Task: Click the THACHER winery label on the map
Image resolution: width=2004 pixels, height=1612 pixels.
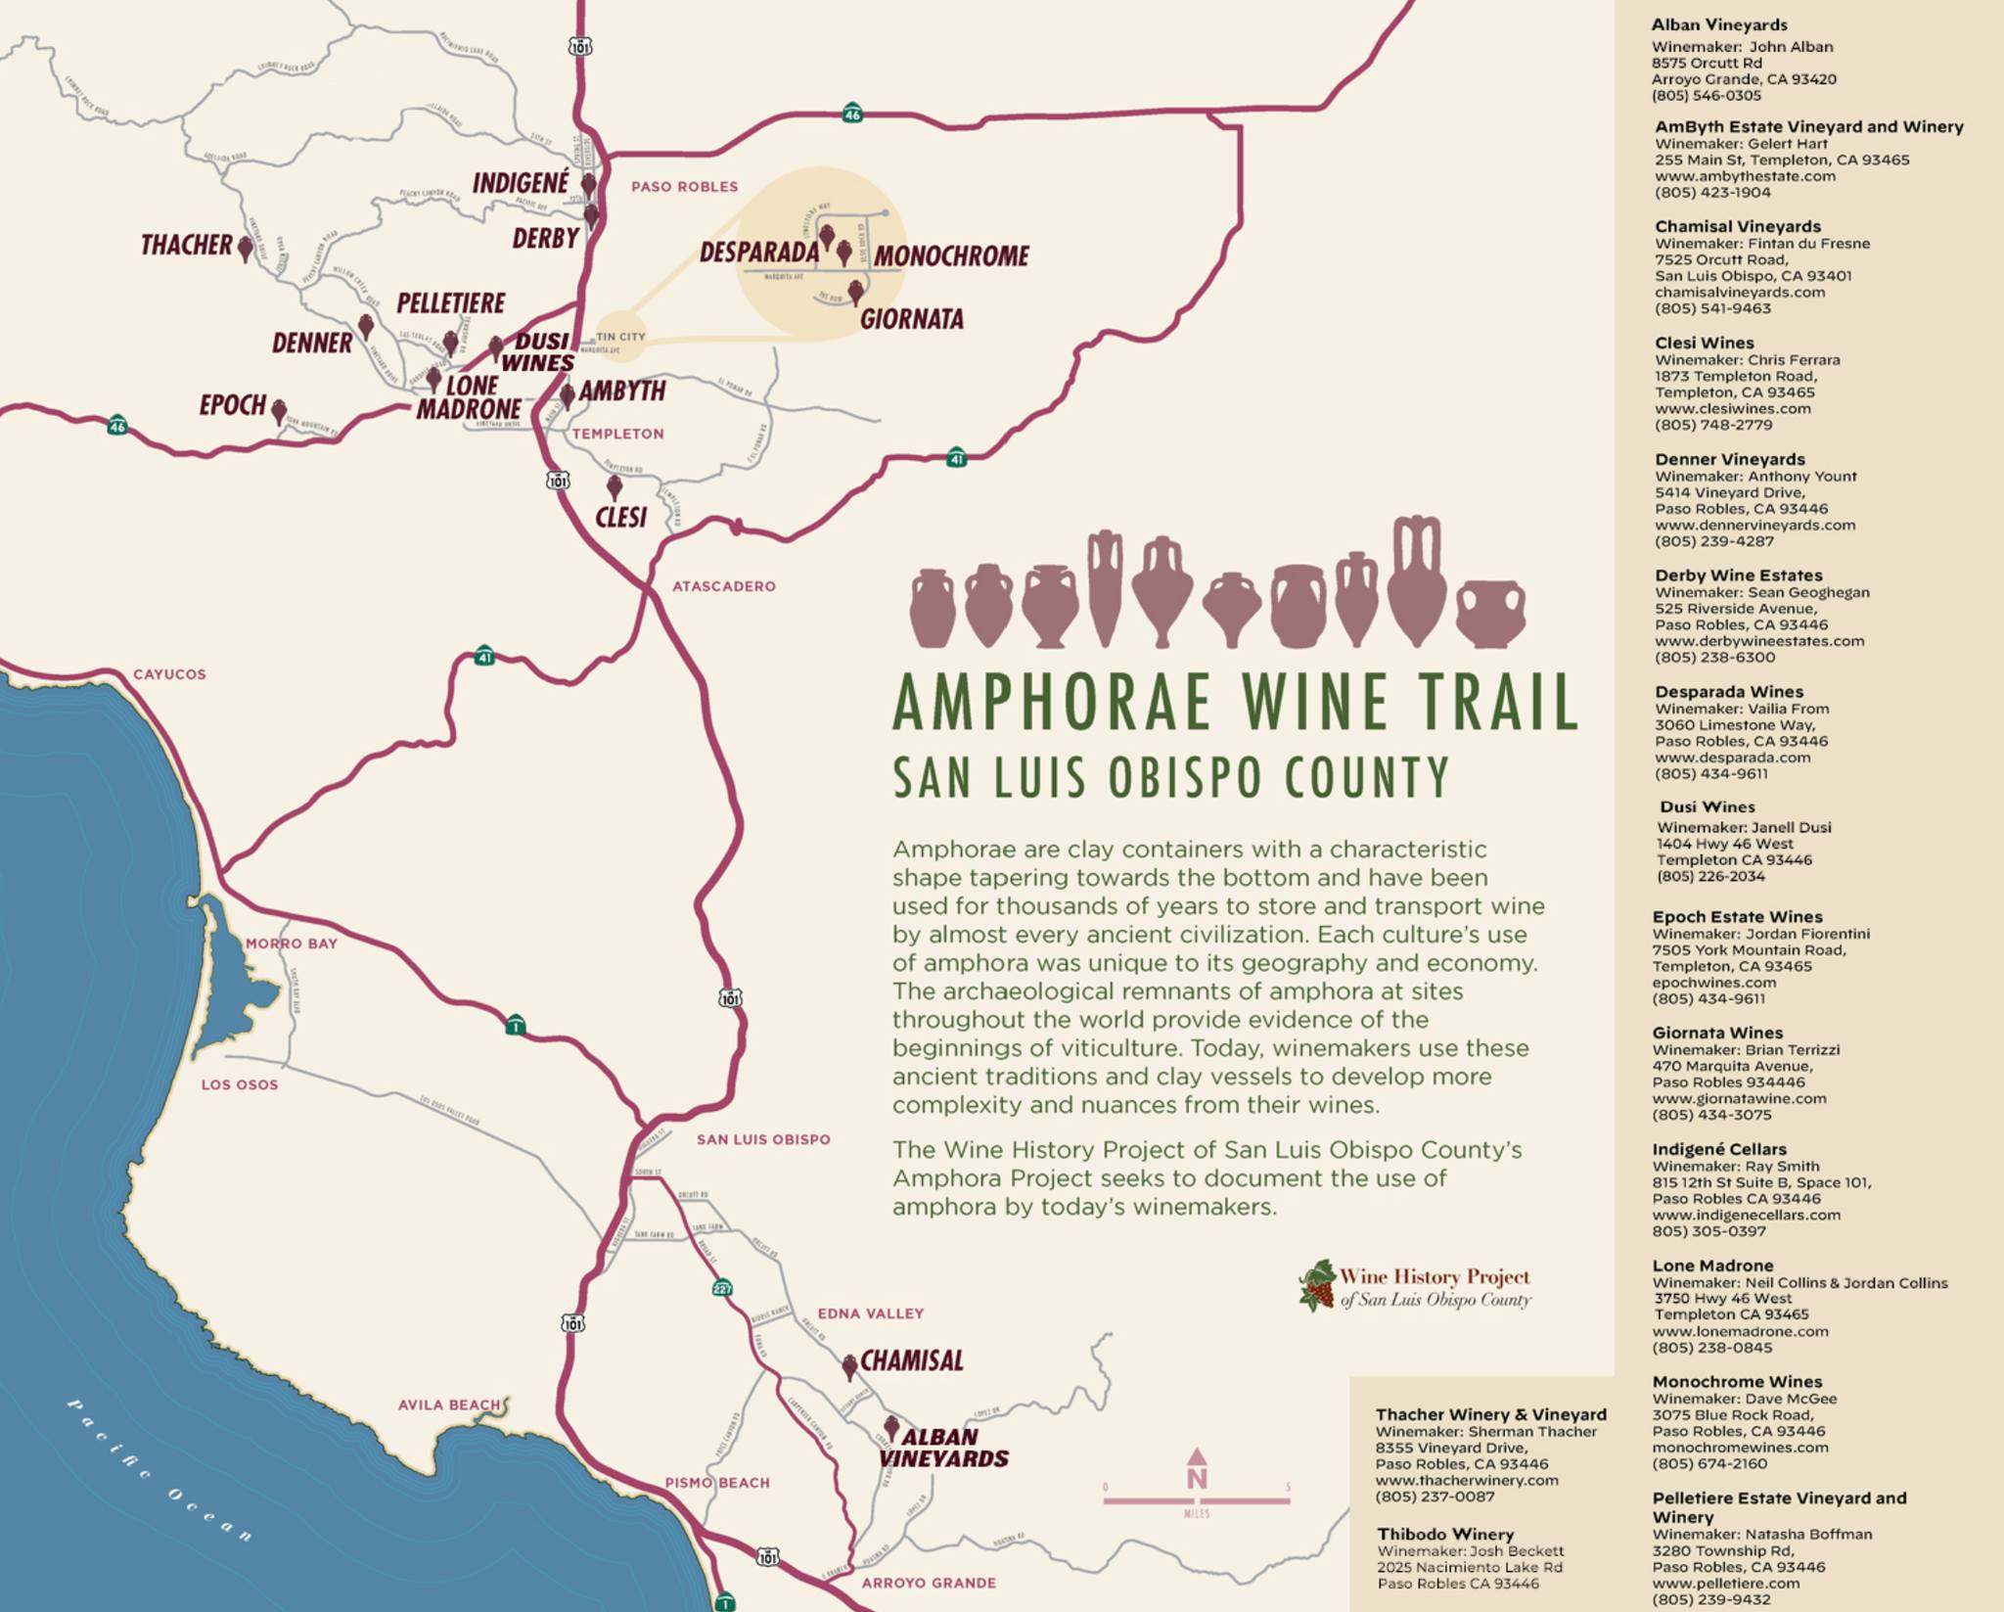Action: [186, 245]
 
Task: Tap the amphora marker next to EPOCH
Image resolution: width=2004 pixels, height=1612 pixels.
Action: [279, 410]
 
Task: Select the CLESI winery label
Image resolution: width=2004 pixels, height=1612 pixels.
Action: [620, 517]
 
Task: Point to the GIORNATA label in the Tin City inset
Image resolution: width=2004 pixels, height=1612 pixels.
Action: [911, 319]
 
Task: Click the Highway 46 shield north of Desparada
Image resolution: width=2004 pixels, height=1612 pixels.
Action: [852, 114]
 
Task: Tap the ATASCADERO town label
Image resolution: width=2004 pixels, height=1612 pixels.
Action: [723, 586]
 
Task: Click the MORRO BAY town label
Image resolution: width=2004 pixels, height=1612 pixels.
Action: [291, 944]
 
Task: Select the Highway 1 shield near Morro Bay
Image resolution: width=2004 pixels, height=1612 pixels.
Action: [516, 1026]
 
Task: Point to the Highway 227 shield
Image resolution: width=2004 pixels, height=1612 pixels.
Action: [722, 1288]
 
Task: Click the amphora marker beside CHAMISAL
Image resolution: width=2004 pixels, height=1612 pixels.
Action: [849, 1366]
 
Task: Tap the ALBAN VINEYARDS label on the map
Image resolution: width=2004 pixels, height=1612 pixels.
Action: [942, 1448]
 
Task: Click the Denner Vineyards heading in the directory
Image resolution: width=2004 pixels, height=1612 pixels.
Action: [1729, 459]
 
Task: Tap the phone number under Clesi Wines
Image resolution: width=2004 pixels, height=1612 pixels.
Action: [1712, 425]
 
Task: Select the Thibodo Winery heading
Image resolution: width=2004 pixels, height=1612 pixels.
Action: [1444, 1534]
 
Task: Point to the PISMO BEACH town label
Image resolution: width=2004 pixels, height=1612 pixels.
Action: [716, 1483]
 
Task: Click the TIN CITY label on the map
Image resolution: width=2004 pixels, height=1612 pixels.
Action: [620, 337]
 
